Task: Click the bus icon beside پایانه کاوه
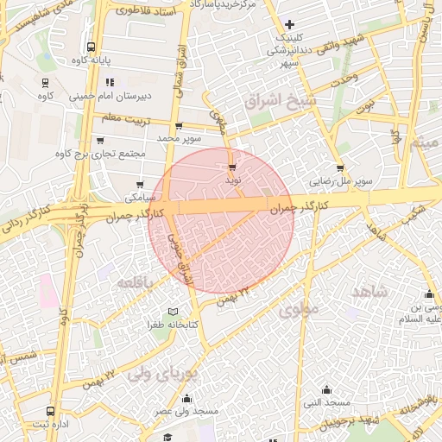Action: [x=92, y=48]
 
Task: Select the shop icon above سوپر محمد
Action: [x=179, y=126]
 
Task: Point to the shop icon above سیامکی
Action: [x=141, y=184]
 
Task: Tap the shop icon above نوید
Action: [x=232, y=167]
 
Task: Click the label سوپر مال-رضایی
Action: [x=342, y=181]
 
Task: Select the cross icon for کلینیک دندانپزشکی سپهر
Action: [x=289, y=24]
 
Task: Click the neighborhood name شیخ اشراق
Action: [x=281, y=101]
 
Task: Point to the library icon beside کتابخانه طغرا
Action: [x=173, y=312]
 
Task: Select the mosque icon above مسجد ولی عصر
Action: [x=187, y=399]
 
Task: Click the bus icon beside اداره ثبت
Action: [x=50, y=412]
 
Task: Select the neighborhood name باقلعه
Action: [x=136, y=282]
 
